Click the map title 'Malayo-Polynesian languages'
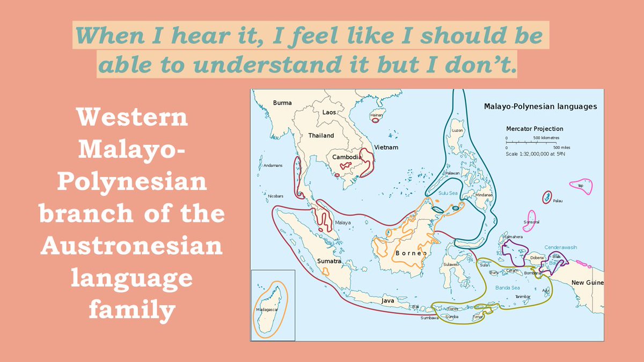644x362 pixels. [x=540, y=107]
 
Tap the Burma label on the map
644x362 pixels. [x=282, y=102]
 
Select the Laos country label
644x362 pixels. [x=329, y=113]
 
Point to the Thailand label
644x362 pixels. [x=321, y=136]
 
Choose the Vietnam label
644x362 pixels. [x=387, y=147]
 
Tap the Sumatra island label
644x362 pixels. [x=329, y=261]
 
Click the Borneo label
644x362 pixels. [x=411, y=253]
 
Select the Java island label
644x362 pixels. [x=387, y=301]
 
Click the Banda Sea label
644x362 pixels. [x=507, y=288]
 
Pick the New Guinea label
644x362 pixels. [x=587, y=283]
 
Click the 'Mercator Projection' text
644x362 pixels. [x=535, y=129]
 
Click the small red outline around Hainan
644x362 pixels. [x=375, y=120]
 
